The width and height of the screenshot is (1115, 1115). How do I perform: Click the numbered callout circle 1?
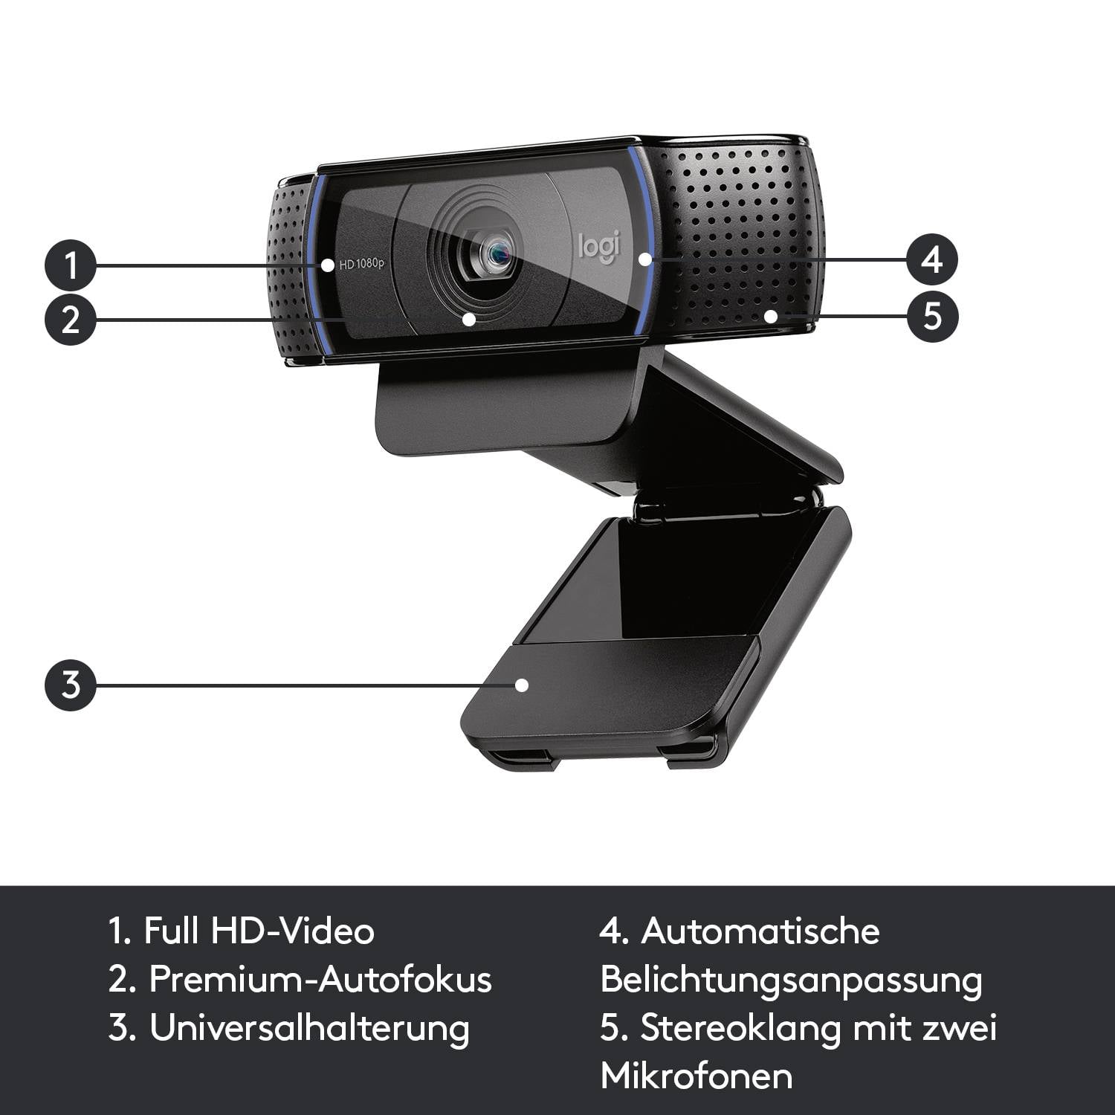click(x=71, y=264)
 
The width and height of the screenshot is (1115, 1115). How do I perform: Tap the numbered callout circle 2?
click(x=71, y=320)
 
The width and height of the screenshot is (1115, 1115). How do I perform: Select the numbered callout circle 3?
click(x=71, y=684)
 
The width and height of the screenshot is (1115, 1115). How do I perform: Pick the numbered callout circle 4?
click(x=932, y=259)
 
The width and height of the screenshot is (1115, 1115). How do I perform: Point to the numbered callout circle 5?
click(x=932, y=315)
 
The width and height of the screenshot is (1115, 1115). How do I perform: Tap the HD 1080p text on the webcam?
click(x=362, y=264)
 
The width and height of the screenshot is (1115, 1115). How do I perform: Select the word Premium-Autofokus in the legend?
click(x=320, y=979)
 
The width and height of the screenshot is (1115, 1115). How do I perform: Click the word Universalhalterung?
click(x=309, y=1028)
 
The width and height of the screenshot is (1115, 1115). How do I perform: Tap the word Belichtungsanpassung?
click(x=791, y=980)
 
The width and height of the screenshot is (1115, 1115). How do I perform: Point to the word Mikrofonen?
click(x=697, y=1076)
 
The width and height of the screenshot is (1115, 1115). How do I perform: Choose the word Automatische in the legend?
click(x=760, y=931)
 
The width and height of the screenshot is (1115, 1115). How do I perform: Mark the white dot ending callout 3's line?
click(x=522, y=685)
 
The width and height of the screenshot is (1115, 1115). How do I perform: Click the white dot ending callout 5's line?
click(x=771, y=316)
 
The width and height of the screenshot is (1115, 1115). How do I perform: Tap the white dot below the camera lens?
click(x=468, y=320)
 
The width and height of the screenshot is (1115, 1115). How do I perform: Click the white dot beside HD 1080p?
click(x=328, y=265)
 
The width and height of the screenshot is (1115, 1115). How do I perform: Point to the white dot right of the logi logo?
click(x=644, y=259)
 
